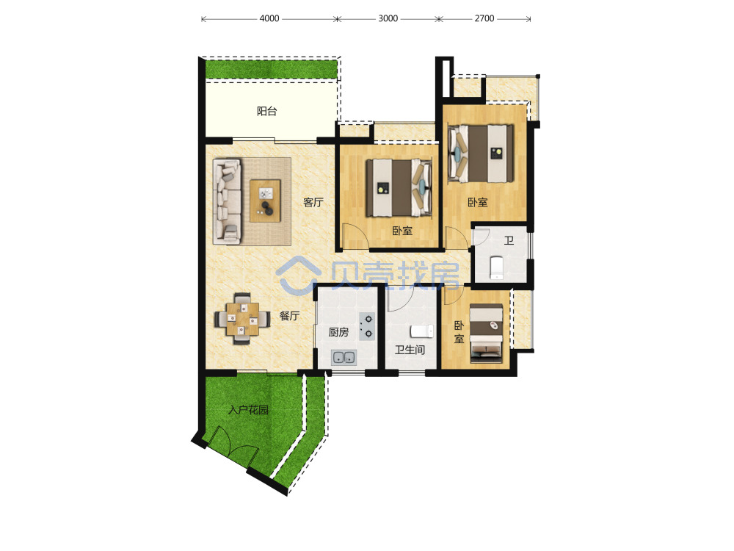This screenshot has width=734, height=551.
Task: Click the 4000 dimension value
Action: [x=269, y=18]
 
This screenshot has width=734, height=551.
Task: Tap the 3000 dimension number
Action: [x=388, y=18]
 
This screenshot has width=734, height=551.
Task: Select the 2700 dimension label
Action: [x=484, y=18]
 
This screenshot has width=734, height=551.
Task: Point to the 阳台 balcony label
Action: [x=267, y=111]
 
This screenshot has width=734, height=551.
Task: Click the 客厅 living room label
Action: [x=313, y=202]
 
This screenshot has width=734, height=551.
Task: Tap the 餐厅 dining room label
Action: [x=289, y=316]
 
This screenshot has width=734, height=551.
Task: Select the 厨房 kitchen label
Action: [x=338, y=332]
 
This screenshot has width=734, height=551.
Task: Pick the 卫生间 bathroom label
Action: [x=410, y=350]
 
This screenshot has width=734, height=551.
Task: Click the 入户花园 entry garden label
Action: [x=248, y=410]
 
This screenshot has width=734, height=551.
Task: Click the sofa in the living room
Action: [x=228, y=201]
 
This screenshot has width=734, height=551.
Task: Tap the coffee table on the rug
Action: [x=265, y=201]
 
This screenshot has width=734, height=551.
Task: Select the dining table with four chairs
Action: [x=242, y=319]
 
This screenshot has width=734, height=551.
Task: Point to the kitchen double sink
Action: [x=344, y=358]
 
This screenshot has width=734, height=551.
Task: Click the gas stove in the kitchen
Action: [x=368, y=326]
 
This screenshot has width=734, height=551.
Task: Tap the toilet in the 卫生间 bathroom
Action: [x=422, y=331]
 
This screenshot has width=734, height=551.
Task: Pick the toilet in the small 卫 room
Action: [x=496, y=267]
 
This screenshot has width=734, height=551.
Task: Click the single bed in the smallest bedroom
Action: [x=487, y=333]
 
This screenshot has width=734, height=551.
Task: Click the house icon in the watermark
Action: [x=298, y=275]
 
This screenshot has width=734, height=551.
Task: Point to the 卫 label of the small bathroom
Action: [x=509, y=240]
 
